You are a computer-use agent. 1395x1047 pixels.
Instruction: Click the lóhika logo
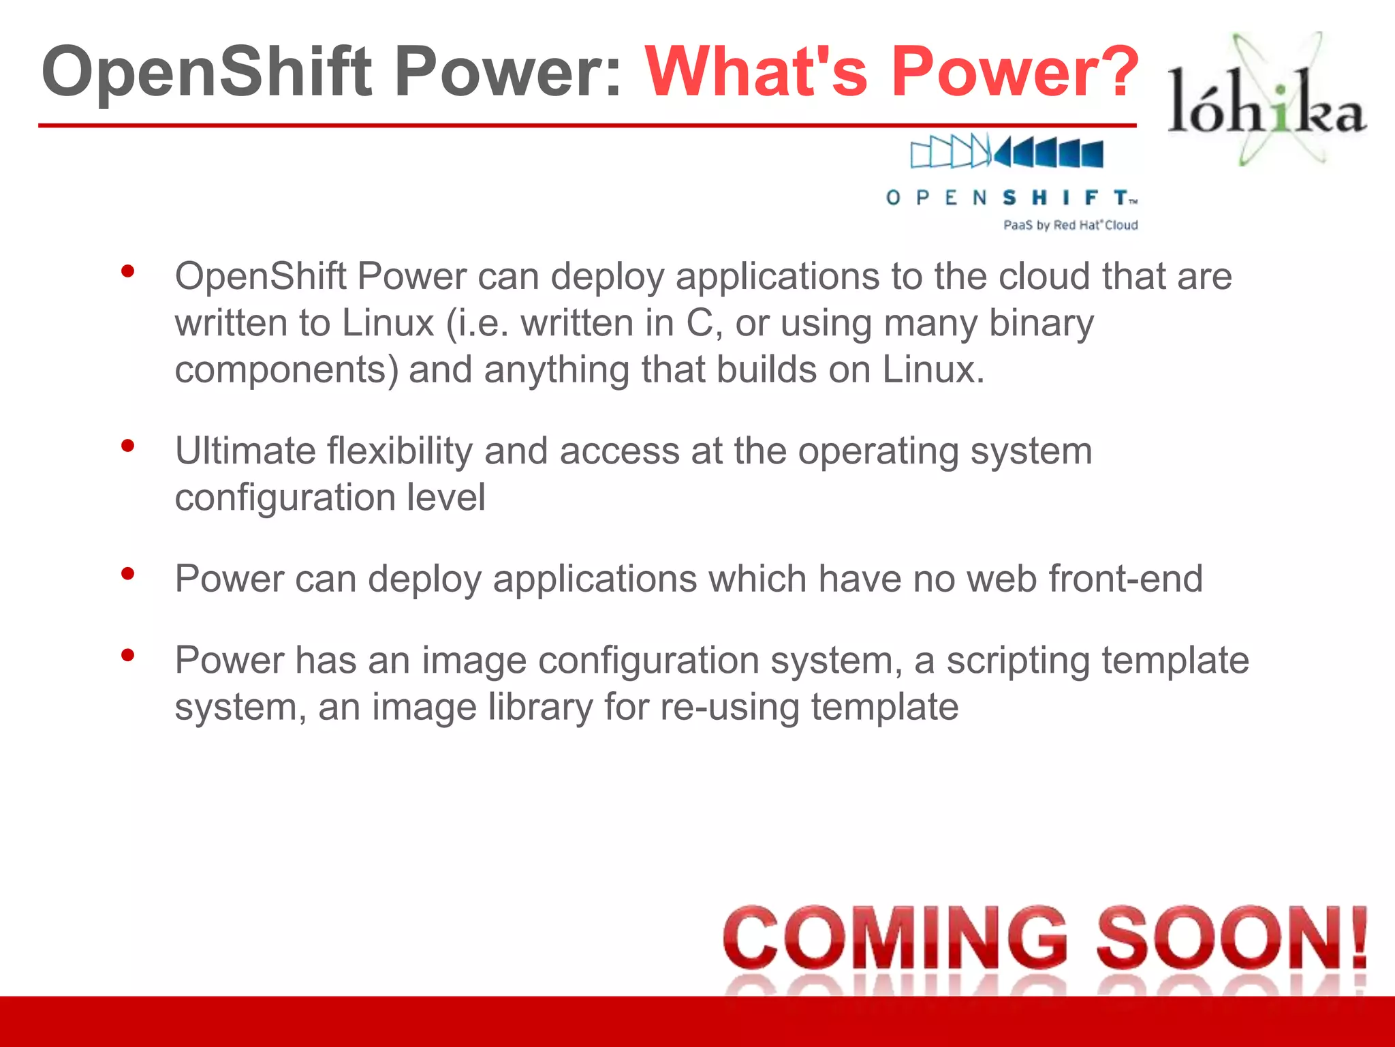(1267, 102)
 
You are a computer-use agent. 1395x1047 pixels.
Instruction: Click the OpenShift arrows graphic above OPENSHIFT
(1007, 151)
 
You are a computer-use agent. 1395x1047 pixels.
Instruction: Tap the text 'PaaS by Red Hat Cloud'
(1070, 225)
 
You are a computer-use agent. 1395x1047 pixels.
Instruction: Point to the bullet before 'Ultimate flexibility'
(127, 446)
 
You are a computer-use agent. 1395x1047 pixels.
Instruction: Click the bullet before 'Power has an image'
(127, 656)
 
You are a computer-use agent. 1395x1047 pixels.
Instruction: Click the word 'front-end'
(1125, 579)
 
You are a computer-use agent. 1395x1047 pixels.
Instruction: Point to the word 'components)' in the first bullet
(286, 370)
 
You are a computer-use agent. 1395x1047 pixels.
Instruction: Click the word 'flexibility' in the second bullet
(399, 451)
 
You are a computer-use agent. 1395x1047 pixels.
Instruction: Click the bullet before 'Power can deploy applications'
(127, 574)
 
